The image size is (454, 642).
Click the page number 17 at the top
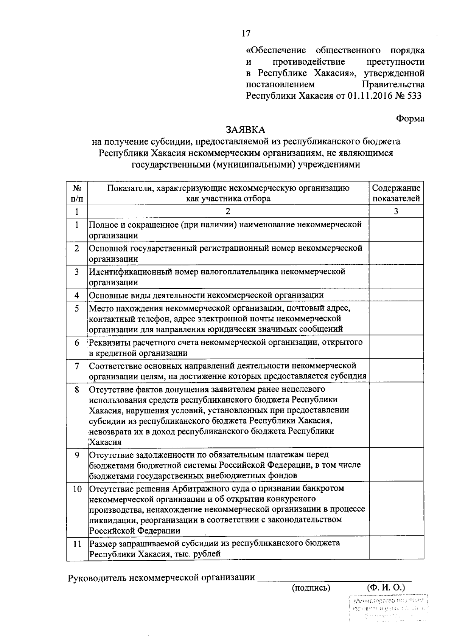pyautogui.click(x=246, y=34)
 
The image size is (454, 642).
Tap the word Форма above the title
pyautogui.click(x=410, y=118)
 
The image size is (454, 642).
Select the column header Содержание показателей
pyautogui.click(x=396, y=193)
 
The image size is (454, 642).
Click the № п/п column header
pyautogui.click(x=77, y=193)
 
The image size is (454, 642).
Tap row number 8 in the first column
pyautogui.click(x=77, y=389)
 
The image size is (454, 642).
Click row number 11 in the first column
pyautogui.click(x=77, y=544)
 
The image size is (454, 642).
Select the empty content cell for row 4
pyautogui.click(x=396, y=295)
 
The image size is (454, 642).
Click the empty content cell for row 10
pyautogui.click(x=396, y=509)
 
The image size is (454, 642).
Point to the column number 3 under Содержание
pyautogui.click(x=396, y=211)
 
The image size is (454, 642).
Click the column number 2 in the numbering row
pyautogui.click(x=228, y=211)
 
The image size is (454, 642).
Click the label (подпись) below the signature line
pyautogui.click(x=311, y=588)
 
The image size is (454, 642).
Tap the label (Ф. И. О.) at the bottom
pyautogui.click(x=386, y=588)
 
